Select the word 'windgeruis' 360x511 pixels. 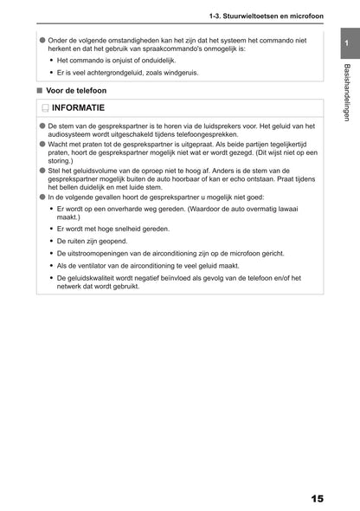(181, 73)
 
